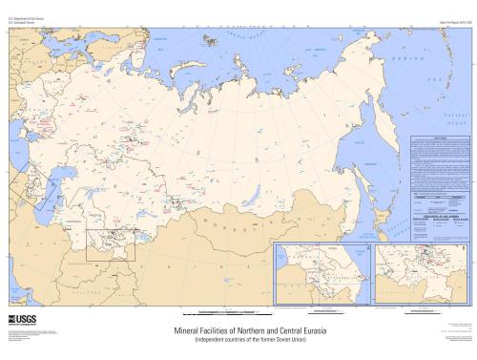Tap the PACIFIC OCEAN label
click(x=452, y=116)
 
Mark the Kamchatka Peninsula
click(x=401, y=86)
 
